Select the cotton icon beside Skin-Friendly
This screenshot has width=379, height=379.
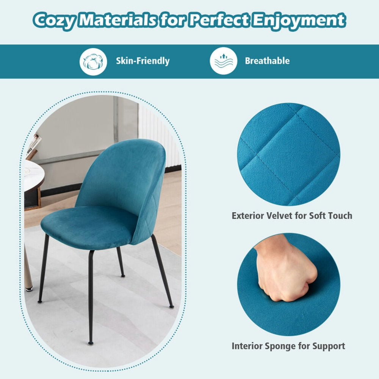(x=93, y=61)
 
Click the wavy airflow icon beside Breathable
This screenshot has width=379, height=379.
(x=224, y=61)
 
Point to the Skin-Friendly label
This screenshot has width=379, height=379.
(x=143, y=61)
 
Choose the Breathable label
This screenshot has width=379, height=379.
(x=267, y=61)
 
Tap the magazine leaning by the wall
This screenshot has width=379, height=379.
(x=33, y=146)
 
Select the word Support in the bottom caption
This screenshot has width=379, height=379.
(x=328, y=346)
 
